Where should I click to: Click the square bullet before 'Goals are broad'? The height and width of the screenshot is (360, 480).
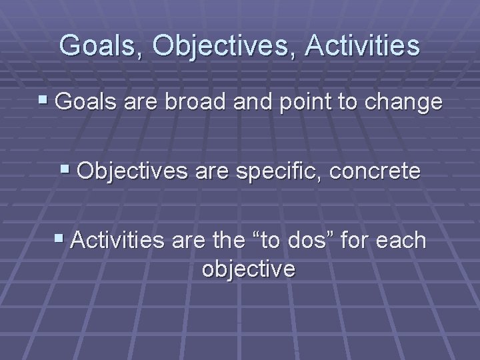[x=44, y=102]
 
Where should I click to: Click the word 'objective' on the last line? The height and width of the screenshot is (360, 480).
[x=248, y=269]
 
